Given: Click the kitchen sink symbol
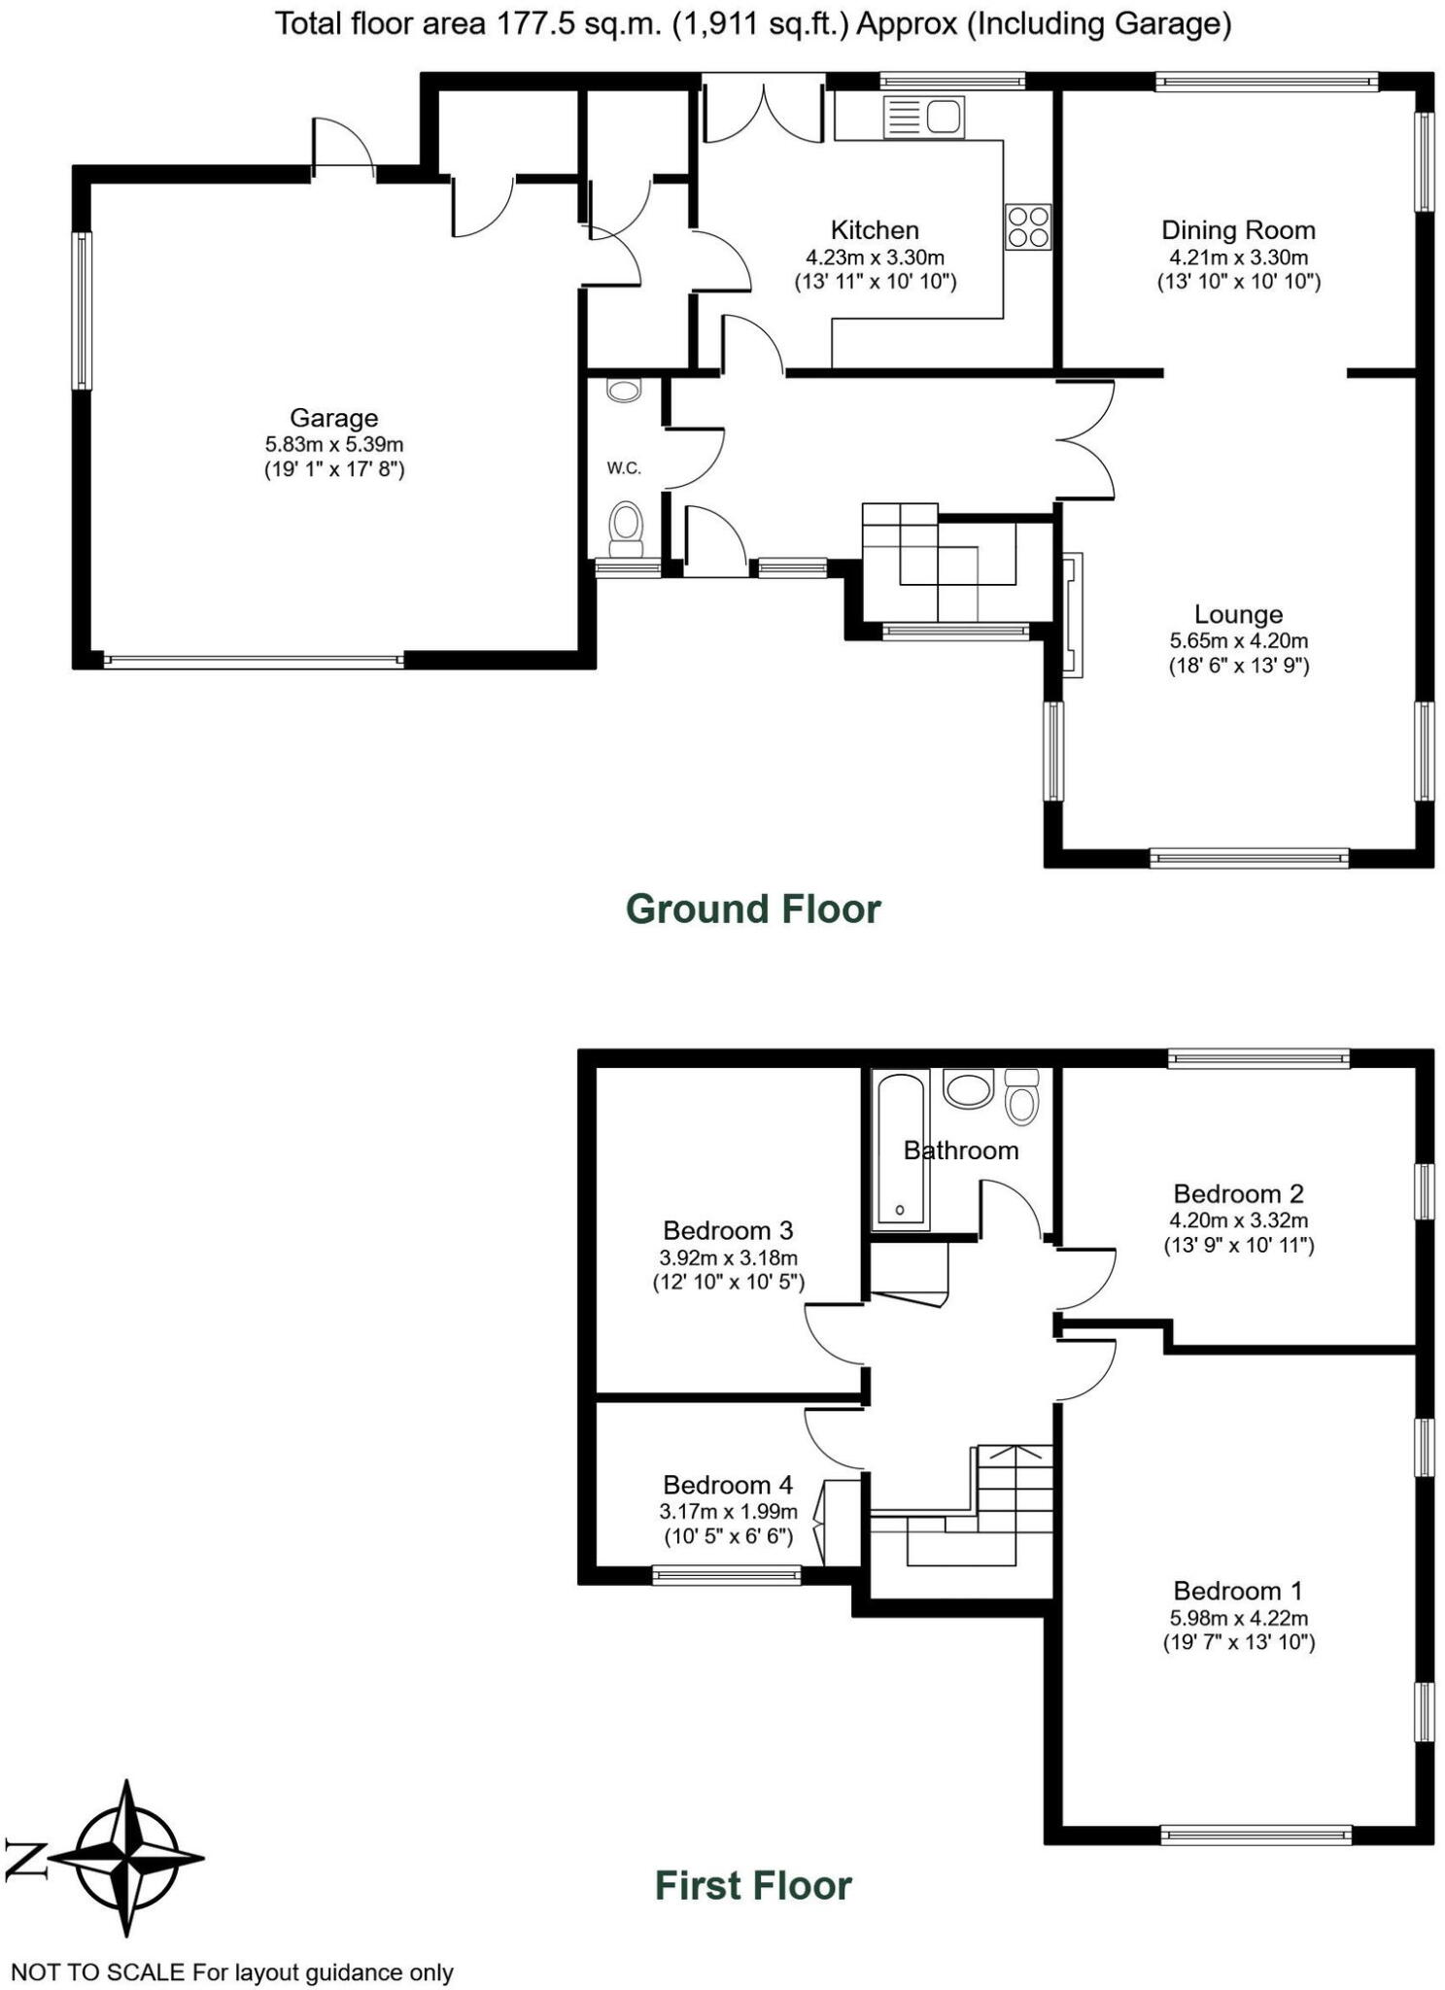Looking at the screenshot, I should (922, 117).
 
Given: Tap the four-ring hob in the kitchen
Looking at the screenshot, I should (1027, 226).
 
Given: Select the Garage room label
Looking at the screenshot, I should (333, 418).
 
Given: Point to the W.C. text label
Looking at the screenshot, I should (624, 468).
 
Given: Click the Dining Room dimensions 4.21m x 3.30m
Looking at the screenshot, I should (1238, 257).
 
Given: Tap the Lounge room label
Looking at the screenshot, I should (1238, 614).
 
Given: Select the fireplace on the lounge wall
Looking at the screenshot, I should (1073, 614).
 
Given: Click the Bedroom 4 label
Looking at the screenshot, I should (728, 1485).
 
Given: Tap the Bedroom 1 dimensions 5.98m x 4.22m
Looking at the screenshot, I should (1238, 1618).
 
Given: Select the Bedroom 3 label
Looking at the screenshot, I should (728, 1230).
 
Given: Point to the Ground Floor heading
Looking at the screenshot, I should (753, 909).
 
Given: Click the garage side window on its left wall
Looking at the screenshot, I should (83, 311).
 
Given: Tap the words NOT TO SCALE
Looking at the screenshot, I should (97, 1972).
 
